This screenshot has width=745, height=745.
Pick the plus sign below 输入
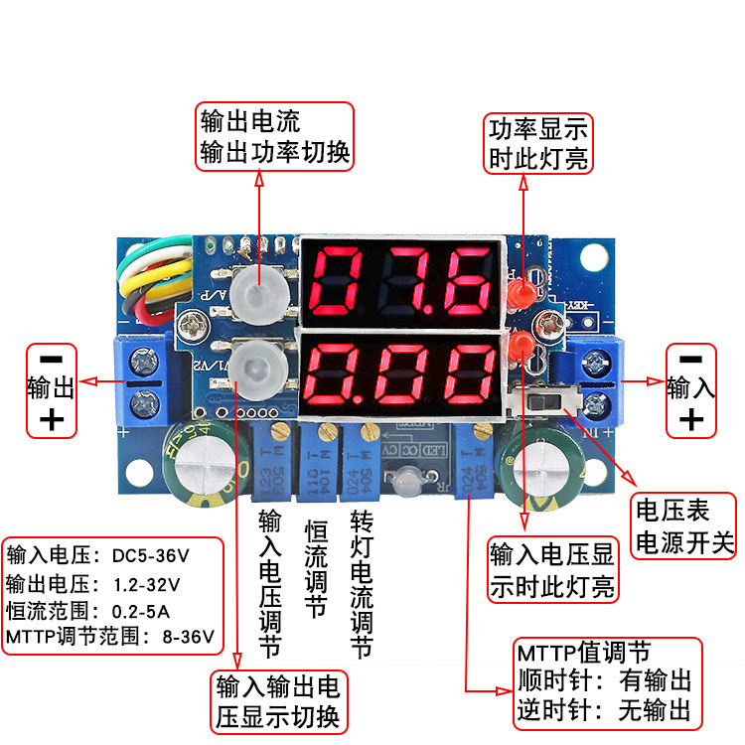pos(691,420)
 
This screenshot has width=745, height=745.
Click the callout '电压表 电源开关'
pos(684,527)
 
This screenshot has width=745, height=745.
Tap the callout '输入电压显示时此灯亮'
pos(552,569)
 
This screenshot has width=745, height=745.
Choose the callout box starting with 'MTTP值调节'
pos(605,681)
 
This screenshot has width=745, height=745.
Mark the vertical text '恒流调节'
pos(316,569)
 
